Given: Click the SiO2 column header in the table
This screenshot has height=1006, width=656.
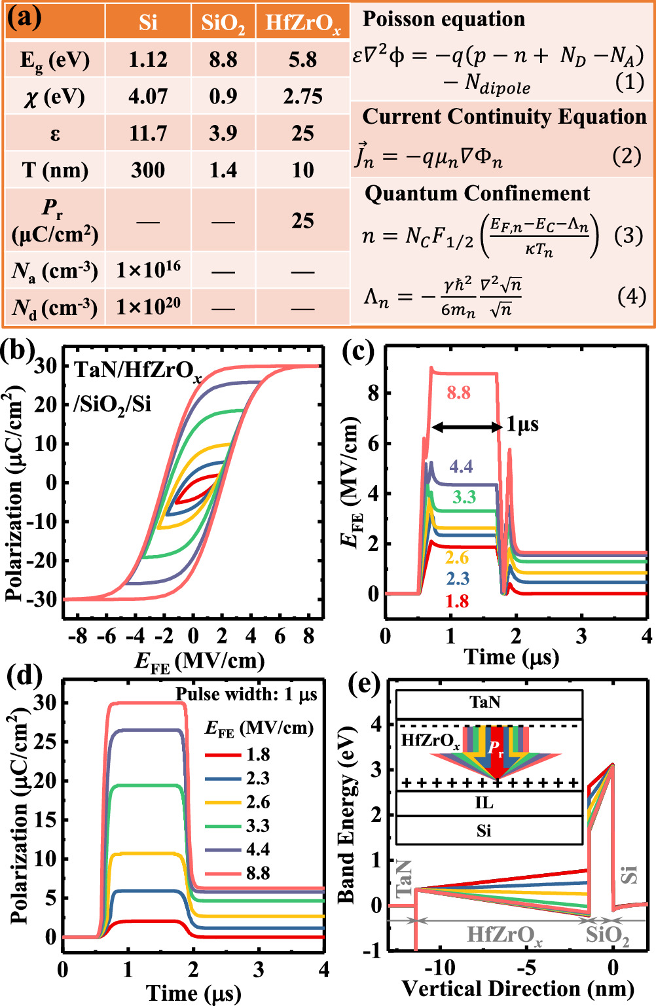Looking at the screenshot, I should pyautogui.click(x=223, y=23).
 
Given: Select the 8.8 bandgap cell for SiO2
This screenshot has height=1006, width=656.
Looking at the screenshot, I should pyautogui.click(x=223, y=60).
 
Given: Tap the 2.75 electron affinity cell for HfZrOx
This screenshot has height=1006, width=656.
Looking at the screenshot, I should pyautogui.click(x=302, y=97).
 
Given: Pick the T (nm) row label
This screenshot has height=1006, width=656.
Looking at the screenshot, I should pyautogui.click(x=55, y=170).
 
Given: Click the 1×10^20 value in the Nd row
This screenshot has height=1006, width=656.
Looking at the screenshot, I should pyautogui.click(x=148, y=306).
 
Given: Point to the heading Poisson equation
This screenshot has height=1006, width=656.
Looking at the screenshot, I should pyautogui.click(x=444, y=19).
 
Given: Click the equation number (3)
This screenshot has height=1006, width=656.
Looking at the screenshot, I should pyautogui.click(x=628, y=235).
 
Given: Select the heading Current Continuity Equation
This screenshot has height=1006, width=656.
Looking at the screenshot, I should pyautogui.click(x=504, y=117).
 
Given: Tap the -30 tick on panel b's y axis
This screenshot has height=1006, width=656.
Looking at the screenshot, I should pyautogui.click(x=46, y=599).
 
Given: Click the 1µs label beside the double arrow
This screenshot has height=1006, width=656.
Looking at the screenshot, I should pyautogui.click(x=522, y=425).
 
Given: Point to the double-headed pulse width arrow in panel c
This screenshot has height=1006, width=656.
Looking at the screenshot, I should pyautogui.click(x=467, y=427).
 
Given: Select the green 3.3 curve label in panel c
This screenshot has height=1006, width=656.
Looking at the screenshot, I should pyautogui.click(x=464, y=497).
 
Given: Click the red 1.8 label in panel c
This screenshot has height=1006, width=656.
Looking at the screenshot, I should pyautogui.click(x=457, y=602).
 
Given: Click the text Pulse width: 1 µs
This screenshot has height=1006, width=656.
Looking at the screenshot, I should pyautogui.click(x=246, y=694).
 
